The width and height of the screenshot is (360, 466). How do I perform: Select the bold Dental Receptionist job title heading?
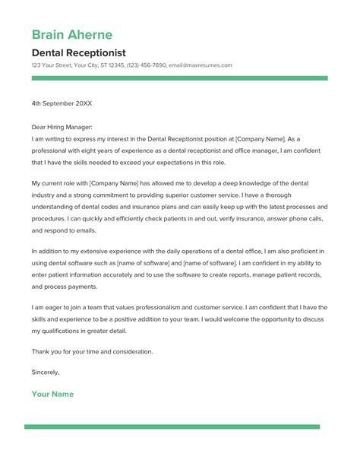coord(79,52)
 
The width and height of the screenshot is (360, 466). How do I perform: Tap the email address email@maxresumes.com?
coord(201,65)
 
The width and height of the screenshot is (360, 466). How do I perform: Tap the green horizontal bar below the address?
coord(180,78)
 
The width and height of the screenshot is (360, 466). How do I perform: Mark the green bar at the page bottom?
coord(180,427)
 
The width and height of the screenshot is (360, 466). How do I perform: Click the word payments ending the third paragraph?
coord(84,287)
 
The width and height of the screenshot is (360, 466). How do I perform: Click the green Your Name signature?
coord(52,395)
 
